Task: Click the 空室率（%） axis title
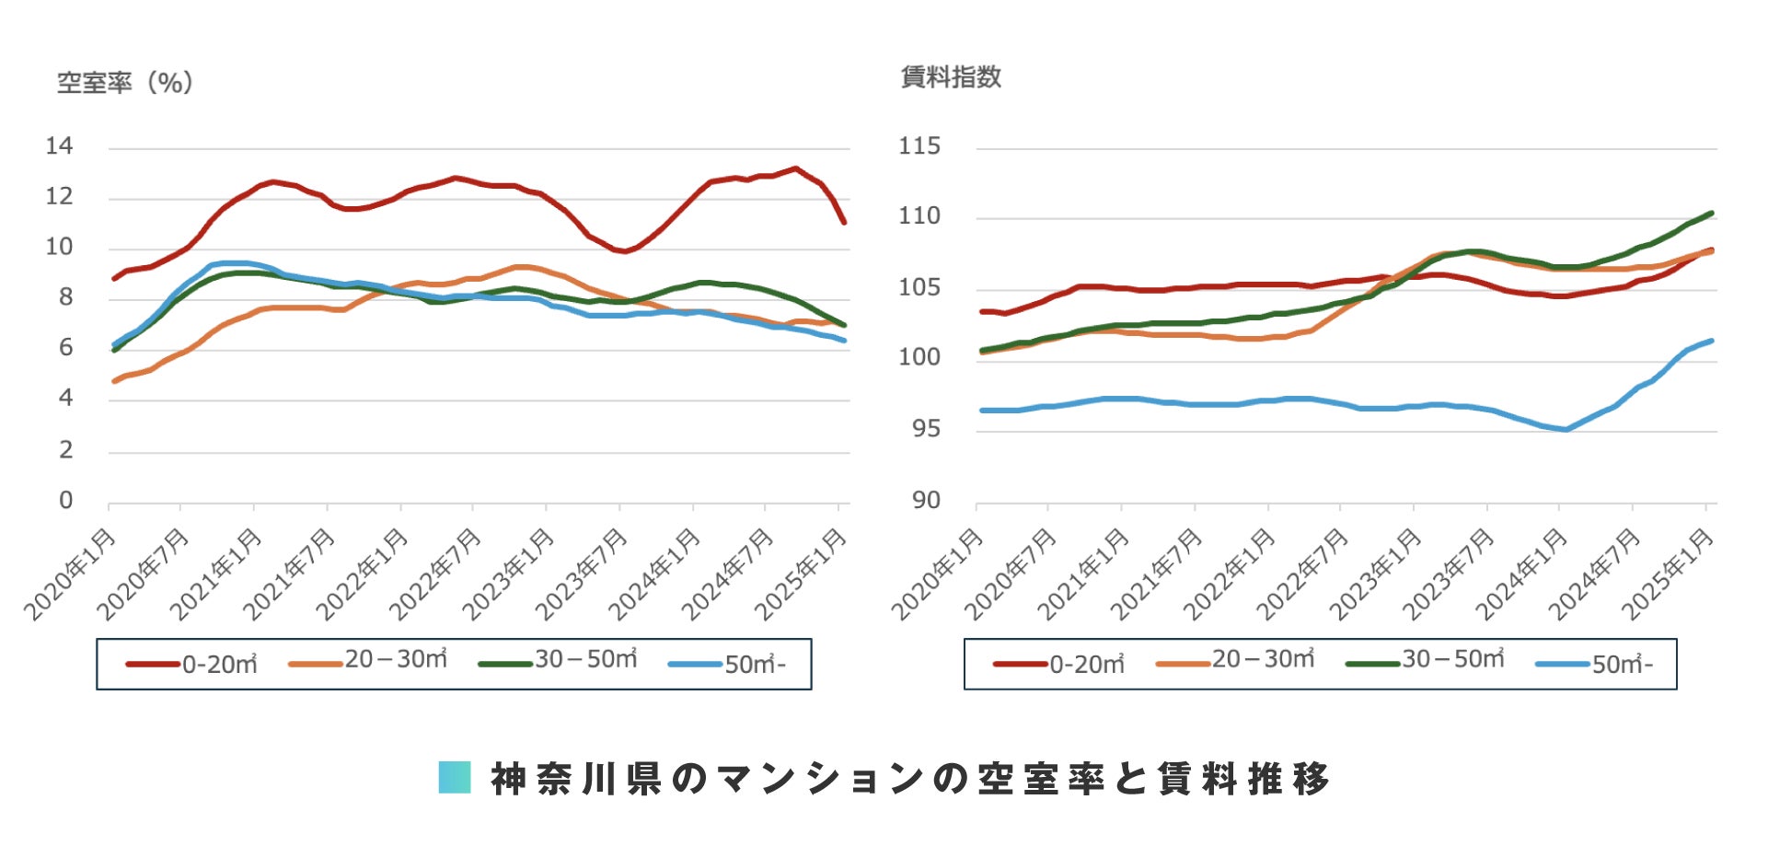(x=125, y=83)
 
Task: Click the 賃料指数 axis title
(x=951, y=77)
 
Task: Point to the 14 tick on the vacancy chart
(x=59, y=146)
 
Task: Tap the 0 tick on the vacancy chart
(x=65, y=501)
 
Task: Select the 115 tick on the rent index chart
(x=919, y=146)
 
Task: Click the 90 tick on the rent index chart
(x=926, y=501)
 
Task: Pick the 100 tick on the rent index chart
(x=919, y=357)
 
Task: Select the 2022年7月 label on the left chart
(x=436, y=574)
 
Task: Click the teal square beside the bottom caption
(x=455, y=778)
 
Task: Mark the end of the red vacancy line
(x=843, y=222)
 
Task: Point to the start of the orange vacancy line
(x=114, y=380)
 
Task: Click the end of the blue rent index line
(x=1711, y=342)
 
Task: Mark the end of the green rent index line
(x=1711, y=214)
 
